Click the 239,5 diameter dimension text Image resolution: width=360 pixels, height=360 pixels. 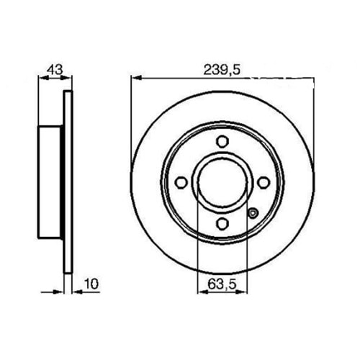222,71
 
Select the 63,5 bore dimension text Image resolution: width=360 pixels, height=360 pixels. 222,284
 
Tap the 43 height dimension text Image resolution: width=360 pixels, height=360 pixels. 55,70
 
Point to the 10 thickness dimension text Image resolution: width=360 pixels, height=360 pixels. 91,284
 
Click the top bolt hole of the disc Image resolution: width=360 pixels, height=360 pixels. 222,141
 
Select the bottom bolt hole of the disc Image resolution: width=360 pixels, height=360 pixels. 222,224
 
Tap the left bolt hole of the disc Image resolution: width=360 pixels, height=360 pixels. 181,183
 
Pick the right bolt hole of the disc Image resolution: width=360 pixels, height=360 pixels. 264,183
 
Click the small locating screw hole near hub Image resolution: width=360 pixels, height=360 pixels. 253,213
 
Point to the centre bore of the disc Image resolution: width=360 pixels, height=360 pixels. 222,183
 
